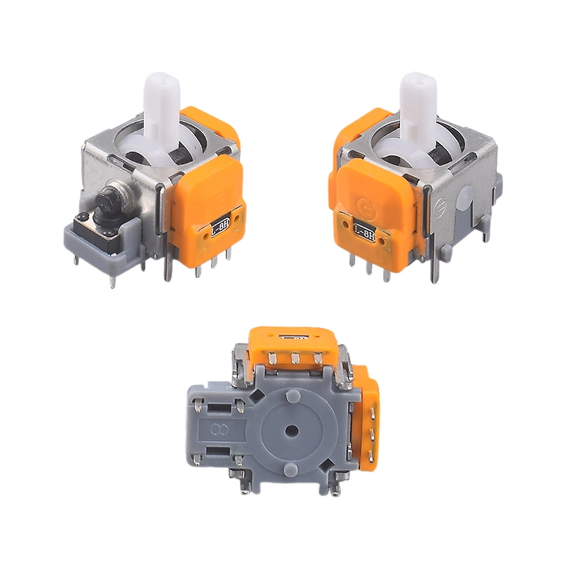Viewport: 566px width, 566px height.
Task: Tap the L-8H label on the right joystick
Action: (365, 230)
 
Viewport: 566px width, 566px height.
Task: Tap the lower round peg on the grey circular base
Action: (292, 469)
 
